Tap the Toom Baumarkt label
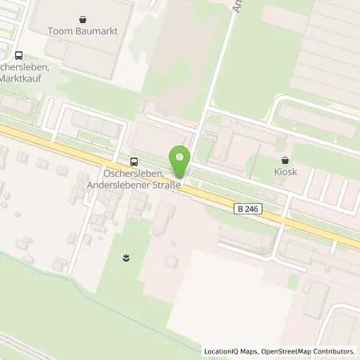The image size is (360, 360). (x=85, y=32)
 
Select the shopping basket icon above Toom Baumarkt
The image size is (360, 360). (x=85, y=18)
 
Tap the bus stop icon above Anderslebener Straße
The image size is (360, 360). (x=133, y=159)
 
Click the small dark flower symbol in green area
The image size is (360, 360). (x=126, y=257)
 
